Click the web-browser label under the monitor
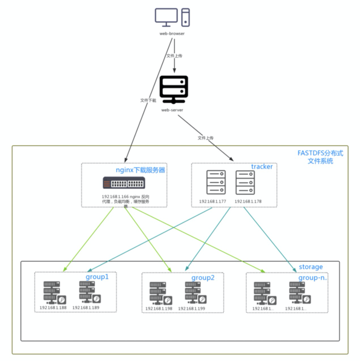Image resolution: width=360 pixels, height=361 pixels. coord(172,33)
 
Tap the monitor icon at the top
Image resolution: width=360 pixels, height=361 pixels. coord(166,17)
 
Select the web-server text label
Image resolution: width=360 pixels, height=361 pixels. coord(172,110)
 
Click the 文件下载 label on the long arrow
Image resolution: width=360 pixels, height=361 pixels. coord(148,100)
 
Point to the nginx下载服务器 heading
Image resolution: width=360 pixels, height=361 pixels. coord(140,170)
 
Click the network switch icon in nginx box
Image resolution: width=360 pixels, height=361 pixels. coord(124,183)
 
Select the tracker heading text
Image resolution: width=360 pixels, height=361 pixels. coord(262,167)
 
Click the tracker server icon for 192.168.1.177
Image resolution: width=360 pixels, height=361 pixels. coord(216,182)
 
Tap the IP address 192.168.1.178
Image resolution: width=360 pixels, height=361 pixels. coord(248,202)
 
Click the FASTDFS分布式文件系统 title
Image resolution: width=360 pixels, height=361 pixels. coord(320,157)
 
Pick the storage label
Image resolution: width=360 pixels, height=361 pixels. coord(311,267)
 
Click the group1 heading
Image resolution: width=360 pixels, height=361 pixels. coord(97,277)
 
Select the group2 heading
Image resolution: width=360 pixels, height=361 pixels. coord(203,278)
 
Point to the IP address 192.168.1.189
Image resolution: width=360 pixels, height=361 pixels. coord(86,308)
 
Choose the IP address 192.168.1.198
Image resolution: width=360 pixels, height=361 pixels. coord(159,308)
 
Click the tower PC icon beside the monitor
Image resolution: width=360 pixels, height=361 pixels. coord(186,17)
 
